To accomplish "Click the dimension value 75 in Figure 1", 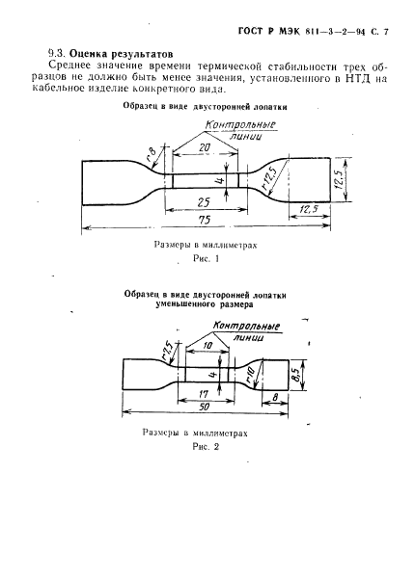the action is tap(205, 220).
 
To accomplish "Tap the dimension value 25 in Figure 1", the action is tap(204, 202).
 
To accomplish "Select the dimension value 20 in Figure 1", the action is tap(205, 147).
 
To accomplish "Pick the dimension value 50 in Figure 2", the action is tap(204, 407).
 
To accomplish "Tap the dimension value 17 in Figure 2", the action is tap(204, 394).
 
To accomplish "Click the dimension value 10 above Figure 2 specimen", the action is tap(207, 346).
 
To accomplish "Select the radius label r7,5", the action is tap(167, 351).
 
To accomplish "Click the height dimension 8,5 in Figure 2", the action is tap(295, 375).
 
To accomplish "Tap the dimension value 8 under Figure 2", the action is tap(275, 397).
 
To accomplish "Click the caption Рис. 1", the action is tap(206, 259).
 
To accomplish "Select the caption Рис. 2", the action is tap(206, 447).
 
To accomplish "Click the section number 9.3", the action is tap(57, 53).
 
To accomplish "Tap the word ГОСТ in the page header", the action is tap(251, 32).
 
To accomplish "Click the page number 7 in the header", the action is tap(386, 32).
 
